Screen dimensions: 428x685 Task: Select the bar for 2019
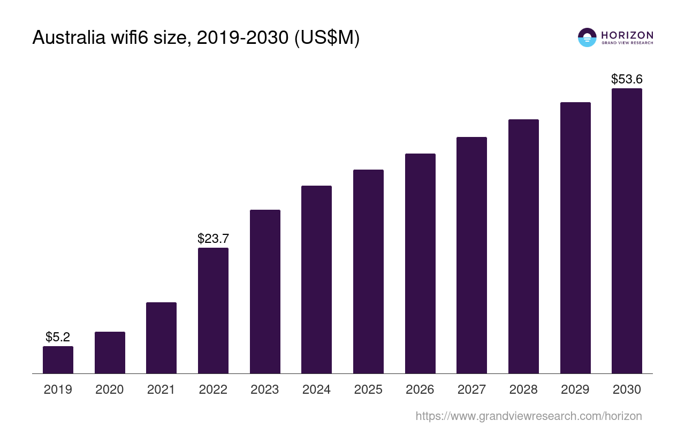[x=58, y=360]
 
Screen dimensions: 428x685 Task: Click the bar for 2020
[x=110, y=353]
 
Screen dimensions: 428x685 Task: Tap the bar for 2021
[x=161, y=338]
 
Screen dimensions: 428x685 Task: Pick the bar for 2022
[x=213, y=310]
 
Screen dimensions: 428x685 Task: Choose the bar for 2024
[x=316, y=279]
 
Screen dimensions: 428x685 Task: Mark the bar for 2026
[x=420, y=263]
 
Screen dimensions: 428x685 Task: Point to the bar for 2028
[x=523, y=246]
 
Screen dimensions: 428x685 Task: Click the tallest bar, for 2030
[x=627, y=231]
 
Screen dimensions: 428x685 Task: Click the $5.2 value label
[x=58, y=337]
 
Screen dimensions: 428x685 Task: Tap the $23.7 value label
[x=213, y=239]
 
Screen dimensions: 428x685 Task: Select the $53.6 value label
[x=627, y=79]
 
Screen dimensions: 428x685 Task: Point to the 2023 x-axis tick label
[x=265, y=389]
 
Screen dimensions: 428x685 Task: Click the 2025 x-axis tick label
[x=368, y=389]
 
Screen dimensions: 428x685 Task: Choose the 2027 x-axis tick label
[x=471, y=389]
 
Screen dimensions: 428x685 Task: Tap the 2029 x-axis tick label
[x=575, y=389]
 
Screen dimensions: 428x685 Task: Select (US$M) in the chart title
[x=327, y=37]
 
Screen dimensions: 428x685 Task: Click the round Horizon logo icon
[x=587, y=37]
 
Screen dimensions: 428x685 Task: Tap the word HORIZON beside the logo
[x=627, y=35]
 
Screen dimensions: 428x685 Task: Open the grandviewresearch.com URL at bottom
[x=529, y=416]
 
